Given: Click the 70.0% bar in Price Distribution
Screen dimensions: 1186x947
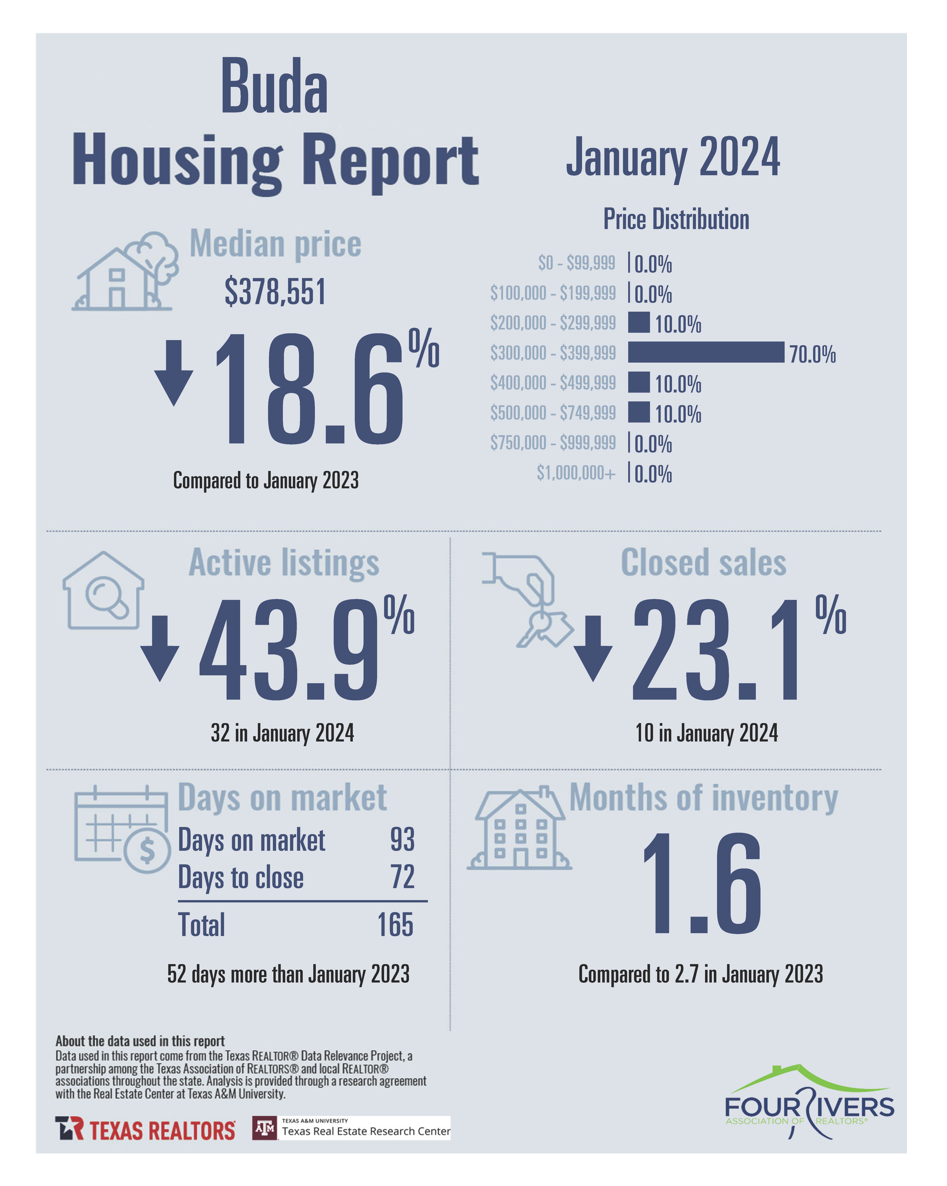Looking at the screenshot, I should [x=705, y=352].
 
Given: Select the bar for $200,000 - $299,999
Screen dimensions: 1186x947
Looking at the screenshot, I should [x=638, y=322].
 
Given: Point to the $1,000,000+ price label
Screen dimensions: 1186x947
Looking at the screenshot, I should [x=576, y=473].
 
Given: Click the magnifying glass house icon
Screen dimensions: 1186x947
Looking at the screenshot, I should [x=104, y=591].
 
